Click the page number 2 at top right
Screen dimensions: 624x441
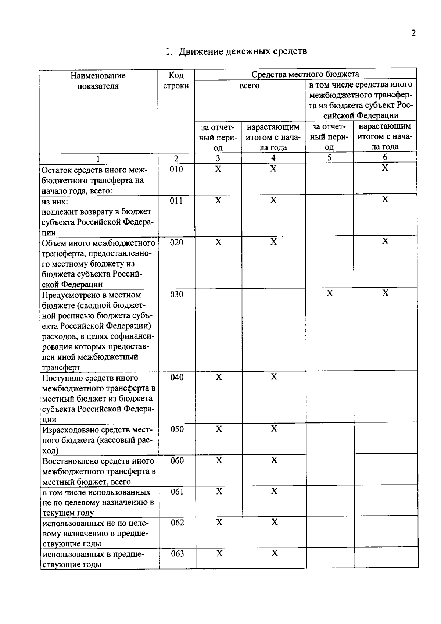(413, 33)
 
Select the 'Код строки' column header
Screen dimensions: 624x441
(176, 81)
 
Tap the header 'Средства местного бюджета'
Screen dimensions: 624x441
(305, 74)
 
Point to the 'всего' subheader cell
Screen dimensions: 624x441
(249, 86)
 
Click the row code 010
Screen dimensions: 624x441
(176, 169)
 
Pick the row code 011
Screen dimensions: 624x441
(176, 201)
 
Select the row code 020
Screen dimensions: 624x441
(176, 242)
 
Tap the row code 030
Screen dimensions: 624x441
(176, 294)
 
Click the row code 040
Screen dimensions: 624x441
(177, 377)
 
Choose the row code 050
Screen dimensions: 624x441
(177, 429)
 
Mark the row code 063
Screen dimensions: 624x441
(177, 554)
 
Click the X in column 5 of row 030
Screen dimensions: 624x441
(330, 293)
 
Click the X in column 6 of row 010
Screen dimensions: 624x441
(385, 168)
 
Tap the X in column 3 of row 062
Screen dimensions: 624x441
(219, 523)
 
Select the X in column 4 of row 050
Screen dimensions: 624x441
(274, 429)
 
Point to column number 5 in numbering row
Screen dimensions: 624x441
(329, 157)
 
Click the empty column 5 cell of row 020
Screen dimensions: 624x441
(329, 262)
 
